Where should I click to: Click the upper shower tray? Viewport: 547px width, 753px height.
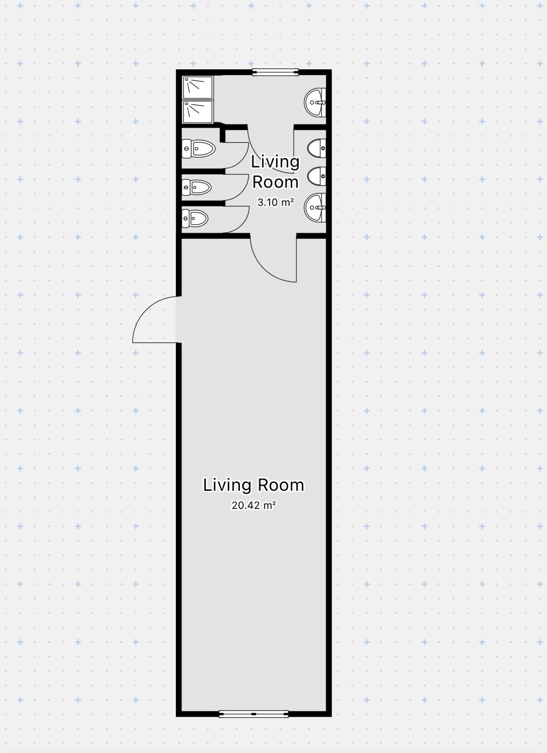point(198,88)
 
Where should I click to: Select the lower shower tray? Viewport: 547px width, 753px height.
point(198,112)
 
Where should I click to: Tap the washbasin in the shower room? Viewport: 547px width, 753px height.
point(315,102)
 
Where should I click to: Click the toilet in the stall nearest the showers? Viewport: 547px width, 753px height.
point(198,149)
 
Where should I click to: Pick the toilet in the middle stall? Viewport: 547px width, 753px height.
point(197,187)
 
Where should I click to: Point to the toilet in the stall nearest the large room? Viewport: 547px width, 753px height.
point(195,218)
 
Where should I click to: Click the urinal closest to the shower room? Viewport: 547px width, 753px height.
point(317,148)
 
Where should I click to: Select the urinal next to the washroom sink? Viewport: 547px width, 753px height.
point(317,176)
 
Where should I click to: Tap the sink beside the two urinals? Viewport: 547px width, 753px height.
point(315,208)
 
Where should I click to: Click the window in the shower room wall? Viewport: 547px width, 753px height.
point(276,72)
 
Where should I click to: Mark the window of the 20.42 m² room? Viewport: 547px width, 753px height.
point(254,713)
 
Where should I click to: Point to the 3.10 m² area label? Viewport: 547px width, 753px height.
point(276,202)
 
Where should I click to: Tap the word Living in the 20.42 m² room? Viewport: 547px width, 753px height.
point(227,485)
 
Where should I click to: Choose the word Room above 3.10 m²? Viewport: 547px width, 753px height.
point(275,182)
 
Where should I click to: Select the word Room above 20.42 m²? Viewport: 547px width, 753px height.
point(281,485)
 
